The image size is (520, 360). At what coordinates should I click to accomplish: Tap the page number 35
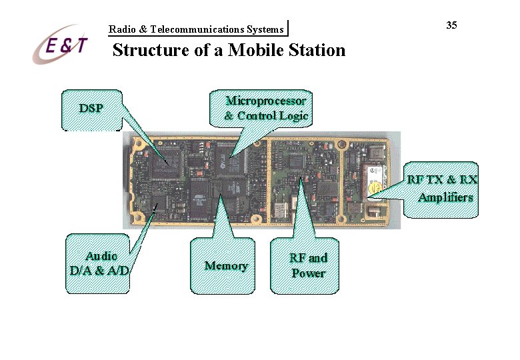pos(451,25)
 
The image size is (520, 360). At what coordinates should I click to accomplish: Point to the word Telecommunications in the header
pos(197,29)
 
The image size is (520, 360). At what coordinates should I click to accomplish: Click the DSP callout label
pos(91,107)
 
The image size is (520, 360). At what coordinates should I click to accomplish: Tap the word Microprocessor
pos(266,101)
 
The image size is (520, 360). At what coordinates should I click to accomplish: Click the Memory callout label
pos(226,265)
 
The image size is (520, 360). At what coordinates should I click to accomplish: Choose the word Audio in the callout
pos(101,256)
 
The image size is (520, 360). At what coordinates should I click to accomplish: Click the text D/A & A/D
pos(99,270)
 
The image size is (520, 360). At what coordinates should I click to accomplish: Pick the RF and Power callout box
pos(308,265)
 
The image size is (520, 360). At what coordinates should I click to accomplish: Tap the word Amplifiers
pos(446,197)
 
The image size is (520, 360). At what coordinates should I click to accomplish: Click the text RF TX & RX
pos(443,180)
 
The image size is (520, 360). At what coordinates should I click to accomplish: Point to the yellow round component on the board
pos(375,191)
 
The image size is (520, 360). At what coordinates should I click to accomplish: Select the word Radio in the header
pos(121,29)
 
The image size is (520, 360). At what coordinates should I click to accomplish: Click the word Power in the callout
pos(308,273)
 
